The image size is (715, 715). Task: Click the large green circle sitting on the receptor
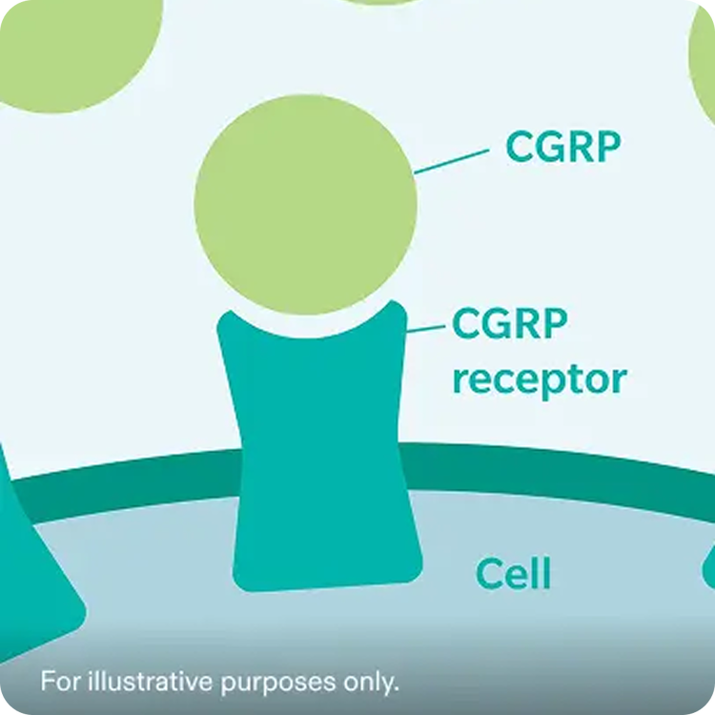305,204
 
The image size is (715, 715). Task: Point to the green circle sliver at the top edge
381,3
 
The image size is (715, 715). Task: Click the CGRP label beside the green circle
562,148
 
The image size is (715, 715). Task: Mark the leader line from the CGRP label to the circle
452,161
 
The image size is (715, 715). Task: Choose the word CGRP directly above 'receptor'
509,324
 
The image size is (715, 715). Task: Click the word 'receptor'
539,378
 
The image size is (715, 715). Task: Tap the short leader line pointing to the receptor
426,328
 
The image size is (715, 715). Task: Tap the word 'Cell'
513,574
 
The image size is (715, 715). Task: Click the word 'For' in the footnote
60,683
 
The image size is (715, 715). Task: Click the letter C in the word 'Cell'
488,574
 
